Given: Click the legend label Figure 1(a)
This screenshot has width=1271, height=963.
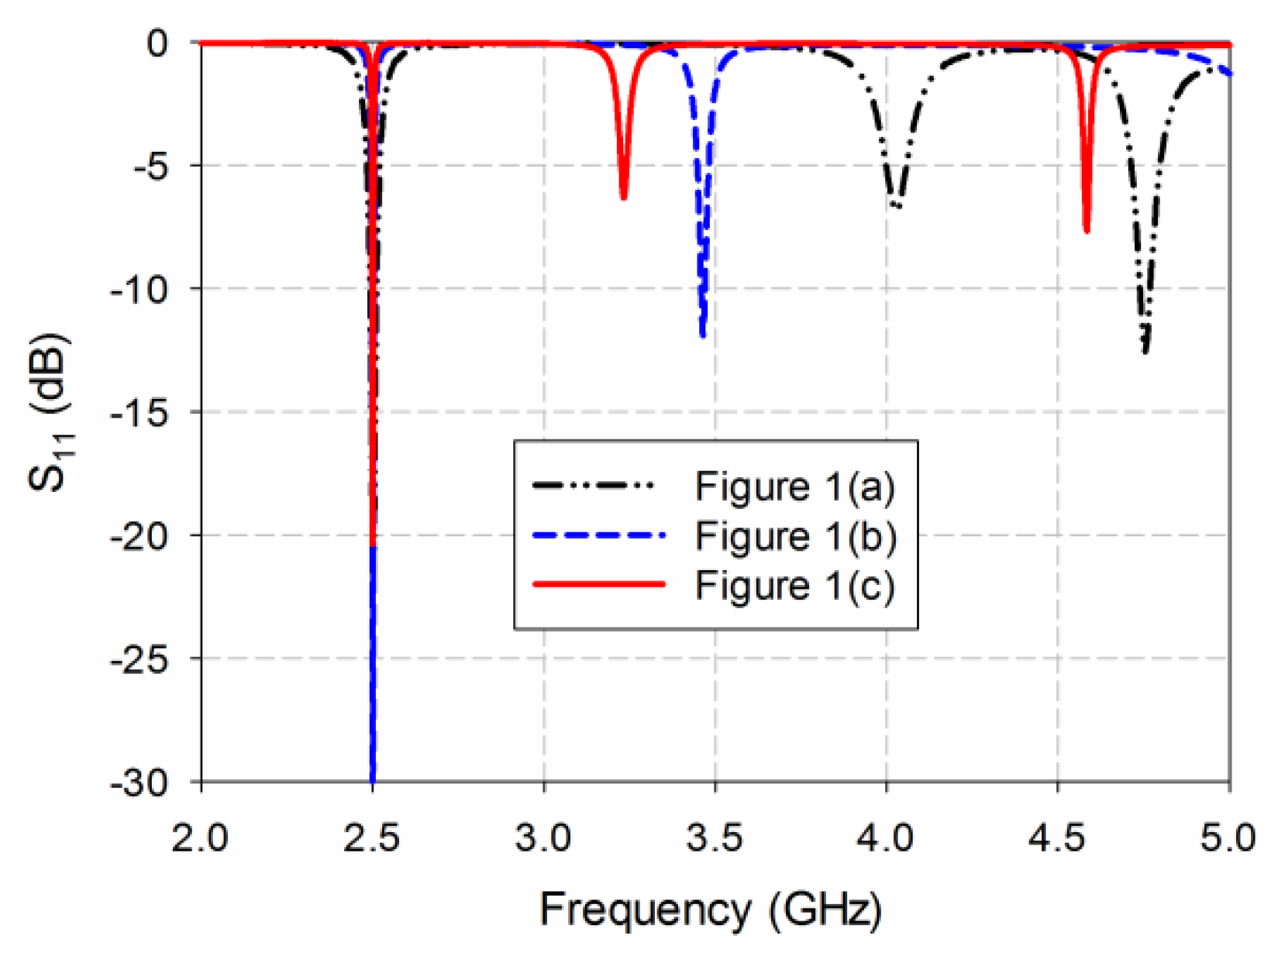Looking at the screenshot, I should (x=794, y=487).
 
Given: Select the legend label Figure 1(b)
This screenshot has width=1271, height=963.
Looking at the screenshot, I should (x=795, y=536).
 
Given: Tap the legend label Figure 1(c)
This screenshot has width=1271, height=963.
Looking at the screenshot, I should (x=794, y=585).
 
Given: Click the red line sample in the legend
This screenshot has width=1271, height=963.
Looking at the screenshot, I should (x=598, y=584).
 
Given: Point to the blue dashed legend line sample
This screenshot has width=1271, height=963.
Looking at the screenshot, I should (x=598, y=535).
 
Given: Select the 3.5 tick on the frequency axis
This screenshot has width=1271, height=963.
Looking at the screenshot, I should (x=715, y=838).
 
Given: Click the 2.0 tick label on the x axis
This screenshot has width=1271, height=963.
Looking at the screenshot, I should (x=200, y=838).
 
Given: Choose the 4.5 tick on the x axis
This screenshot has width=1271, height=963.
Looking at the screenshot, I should (x=1057, y=838).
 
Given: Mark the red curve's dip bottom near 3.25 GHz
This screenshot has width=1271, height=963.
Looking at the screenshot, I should (x=623, y=198).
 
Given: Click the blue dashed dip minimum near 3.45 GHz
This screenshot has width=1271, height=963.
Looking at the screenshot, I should (x=702, y=335).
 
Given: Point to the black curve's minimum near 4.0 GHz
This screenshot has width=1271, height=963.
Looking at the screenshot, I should (x=897, y=206).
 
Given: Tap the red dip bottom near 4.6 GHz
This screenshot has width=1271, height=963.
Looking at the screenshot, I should (x=1087, y=230).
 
